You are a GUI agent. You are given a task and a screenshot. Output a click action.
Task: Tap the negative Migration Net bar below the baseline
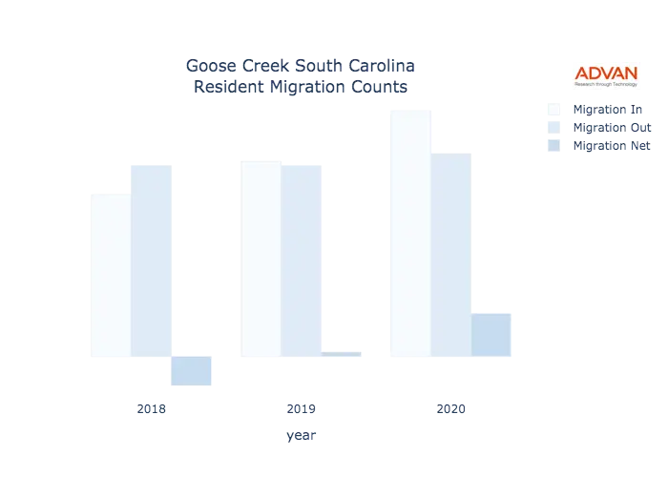191,371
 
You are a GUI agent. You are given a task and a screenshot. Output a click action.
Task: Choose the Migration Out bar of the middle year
303,259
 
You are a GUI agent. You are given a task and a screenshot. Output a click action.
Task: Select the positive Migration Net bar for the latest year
491,336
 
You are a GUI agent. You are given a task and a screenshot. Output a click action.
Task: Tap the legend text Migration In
611,108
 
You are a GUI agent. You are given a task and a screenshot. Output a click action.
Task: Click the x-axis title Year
301,437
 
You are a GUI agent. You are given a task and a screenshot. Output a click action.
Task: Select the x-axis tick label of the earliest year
152,410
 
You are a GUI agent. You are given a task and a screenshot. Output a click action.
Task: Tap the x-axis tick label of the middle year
301,410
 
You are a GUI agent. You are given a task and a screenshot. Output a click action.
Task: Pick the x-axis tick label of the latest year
450,410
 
